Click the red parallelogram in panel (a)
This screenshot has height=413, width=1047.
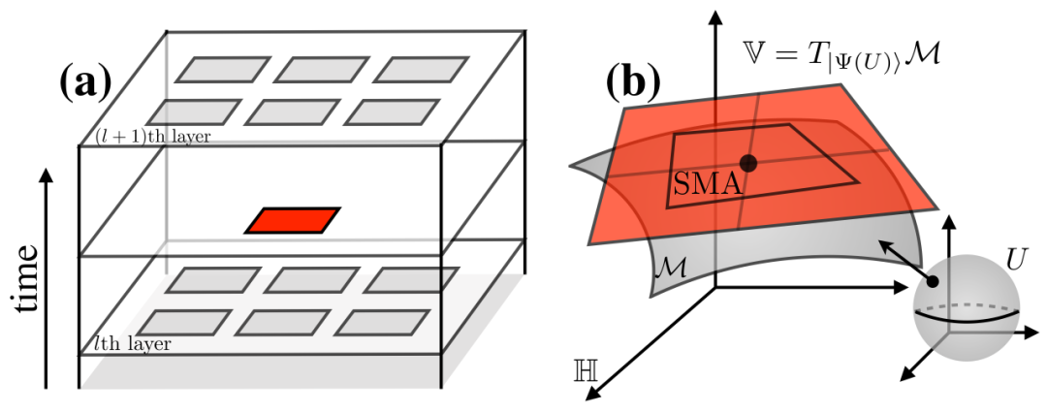(x=293, y=220)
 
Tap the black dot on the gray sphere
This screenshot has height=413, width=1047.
(x=932, y=282)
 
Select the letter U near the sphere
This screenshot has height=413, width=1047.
(x=1016, y=261)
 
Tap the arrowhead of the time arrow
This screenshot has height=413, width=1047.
(x=45, y=175)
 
